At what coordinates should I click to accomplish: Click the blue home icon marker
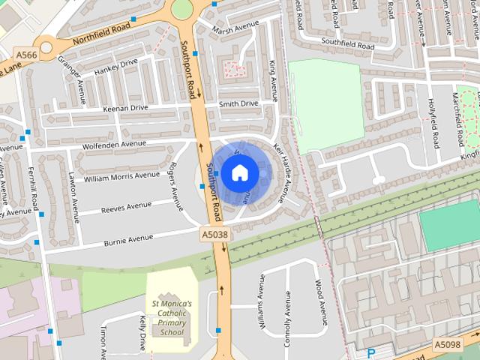pyautogui.click(x=239, y=173)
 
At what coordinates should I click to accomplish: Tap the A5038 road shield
pyautogui.click(x=214, y=235)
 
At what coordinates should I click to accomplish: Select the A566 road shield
pyautogui.click(x=25, y=55)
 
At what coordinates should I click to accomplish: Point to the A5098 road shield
pyautogui.click(x=447, y=344)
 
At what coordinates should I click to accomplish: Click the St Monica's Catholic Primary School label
pyautogui.click(x=171, y=317)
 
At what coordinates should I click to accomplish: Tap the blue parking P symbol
pyautogui.click(x=370, y=353)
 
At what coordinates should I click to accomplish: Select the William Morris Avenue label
pyautogui.click(x=121, y=177)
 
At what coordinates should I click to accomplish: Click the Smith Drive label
pyautogui.click(x=238, y=103)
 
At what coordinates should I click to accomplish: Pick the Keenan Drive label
pyautogui.click(x=125, y=109)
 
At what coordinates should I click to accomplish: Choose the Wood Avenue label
pyautogui.click(x=320, y=302)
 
